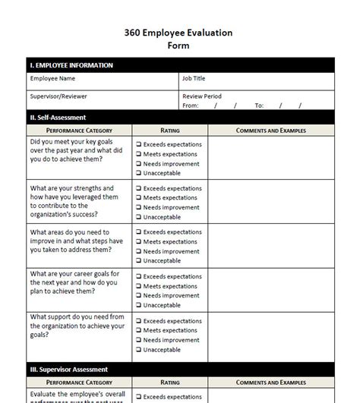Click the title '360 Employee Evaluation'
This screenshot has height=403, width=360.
pyautogui.click(x=178, y=33)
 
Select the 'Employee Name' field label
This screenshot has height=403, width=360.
pyautogui.click(x=52, y=78)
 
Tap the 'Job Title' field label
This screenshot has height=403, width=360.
pyautogui.click(x=194, y=78)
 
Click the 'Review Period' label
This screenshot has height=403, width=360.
pyautogui.click(x=202, y=96)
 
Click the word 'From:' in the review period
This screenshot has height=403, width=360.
pyautogui.click(x=190, y=105)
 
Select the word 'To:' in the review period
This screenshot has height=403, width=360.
pyautogui.click(x=259, y=105)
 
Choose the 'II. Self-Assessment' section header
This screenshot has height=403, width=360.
pyautogui.click(x=57, y=118)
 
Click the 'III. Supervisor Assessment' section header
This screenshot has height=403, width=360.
pyautogui.click(x=68, y=370)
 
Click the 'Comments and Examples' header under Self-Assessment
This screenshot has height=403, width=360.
pyautogui.click(x=271, y=131)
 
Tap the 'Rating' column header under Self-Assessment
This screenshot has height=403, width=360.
pyautogui.click(x=170, y=131)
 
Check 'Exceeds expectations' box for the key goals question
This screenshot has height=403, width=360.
pyautogui.click(x=138, y=144)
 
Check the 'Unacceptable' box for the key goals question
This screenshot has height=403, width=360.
pyautogui.click(x=138, y=173)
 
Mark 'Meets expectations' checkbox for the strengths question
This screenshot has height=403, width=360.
pyautogui.click(x=138, y=198)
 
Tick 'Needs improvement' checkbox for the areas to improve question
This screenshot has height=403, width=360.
pyautogui.click(x=138, y=251)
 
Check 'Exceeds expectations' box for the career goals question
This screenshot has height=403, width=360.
pyautogui.click(x=138, y=276)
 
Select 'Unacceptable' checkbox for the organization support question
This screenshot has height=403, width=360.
pyautogui.click(x=138, y=349)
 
